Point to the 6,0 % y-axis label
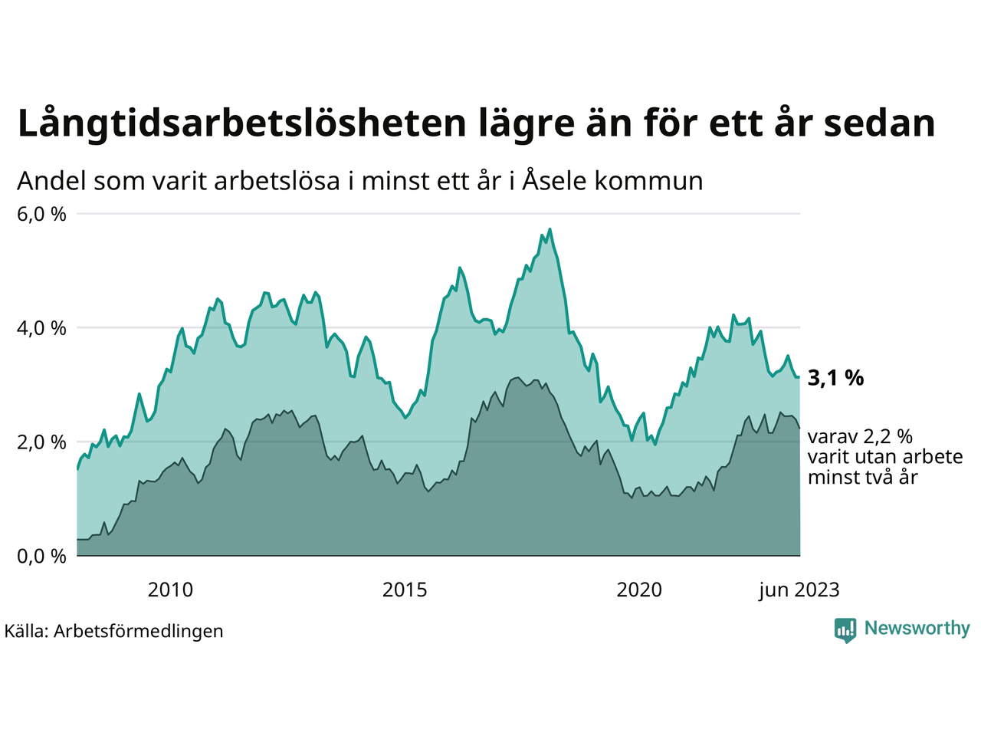click(x=41, y=214)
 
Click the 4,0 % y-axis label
click(x=41, y=328)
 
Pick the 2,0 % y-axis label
click(x=41, y=442)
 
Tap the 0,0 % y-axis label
click(x=41, y=556)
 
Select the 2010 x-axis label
click(x=170, y=590)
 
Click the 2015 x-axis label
click(x=405, y=590)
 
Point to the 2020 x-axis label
click(x=639, y=590)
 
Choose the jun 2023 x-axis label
click(x=799, y=590)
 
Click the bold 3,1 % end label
click(x=835, y=378)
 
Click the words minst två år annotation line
click(x=862, y=477)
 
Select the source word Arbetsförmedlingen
click(x=138, y=631)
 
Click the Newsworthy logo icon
click(x=845, y=629)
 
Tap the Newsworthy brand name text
click(x=917, y=629)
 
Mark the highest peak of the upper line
click(x=550, y=228)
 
